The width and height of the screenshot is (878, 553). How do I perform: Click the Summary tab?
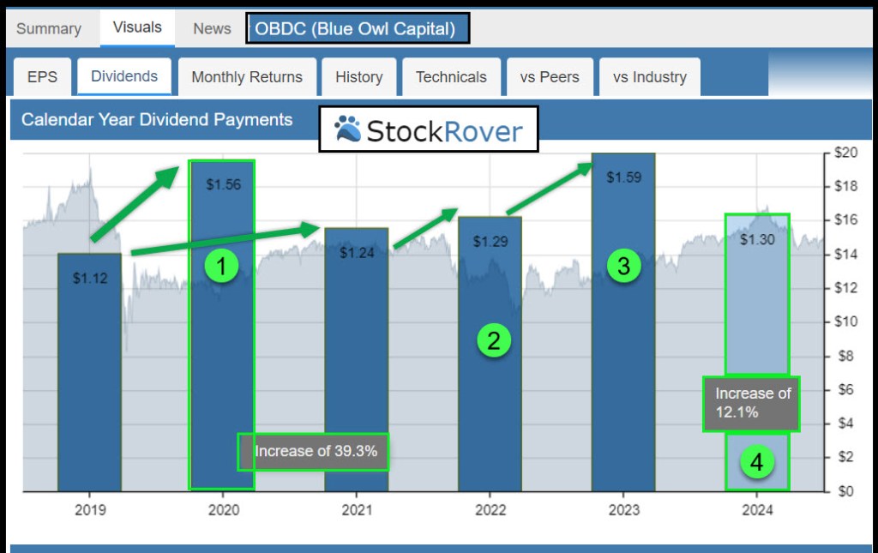pyautogui.click(x=48, y=28)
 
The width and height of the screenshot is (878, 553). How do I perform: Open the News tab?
pyautogui.click(x=212, y=28)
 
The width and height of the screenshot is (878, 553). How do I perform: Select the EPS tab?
pyautogui.click(x=42, y=76)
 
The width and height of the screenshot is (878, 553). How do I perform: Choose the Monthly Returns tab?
pyautogui.click(x=247, y=76)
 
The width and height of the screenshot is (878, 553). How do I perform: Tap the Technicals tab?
pyautogui.click(x=451, y=76)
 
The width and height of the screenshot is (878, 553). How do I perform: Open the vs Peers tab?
pyautogui.click(x=550, y=76)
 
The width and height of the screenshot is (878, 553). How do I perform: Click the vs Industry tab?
pyautogui.click(x=650, y=76)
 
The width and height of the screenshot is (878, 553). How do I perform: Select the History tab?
pyautogui.click(x=358, y=76)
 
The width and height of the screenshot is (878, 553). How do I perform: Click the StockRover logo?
pyautogui.click(x=429, y=130)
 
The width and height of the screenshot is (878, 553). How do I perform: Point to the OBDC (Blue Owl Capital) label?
pyautogui.click(x=358, y=28)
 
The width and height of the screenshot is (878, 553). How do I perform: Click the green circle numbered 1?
pyautogui.click(x=221, y=267)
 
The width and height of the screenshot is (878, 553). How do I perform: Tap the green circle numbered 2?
pyautogui.click(x=494, y=341)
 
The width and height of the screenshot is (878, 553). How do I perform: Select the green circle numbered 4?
pyautogui.click(x=756, y=463)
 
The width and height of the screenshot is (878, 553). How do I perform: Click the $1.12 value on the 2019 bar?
pyautogui.click(x=90, y=278)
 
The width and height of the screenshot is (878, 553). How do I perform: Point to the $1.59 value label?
pyautogui.click(x=623, y=177)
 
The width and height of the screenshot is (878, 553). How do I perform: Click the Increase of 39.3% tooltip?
pyautogui.click(x=314, y=451)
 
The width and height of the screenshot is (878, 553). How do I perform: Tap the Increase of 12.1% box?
pyautogui.click(x=752, y=403)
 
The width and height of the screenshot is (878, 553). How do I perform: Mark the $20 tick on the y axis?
pyautogui.click(x=846, y=153)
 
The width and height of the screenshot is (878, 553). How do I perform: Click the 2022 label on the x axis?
pyautogui.click(x=490, y=510)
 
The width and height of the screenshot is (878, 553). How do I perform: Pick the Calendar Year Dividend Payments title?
pyautogui.click(x=157, y=120)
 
